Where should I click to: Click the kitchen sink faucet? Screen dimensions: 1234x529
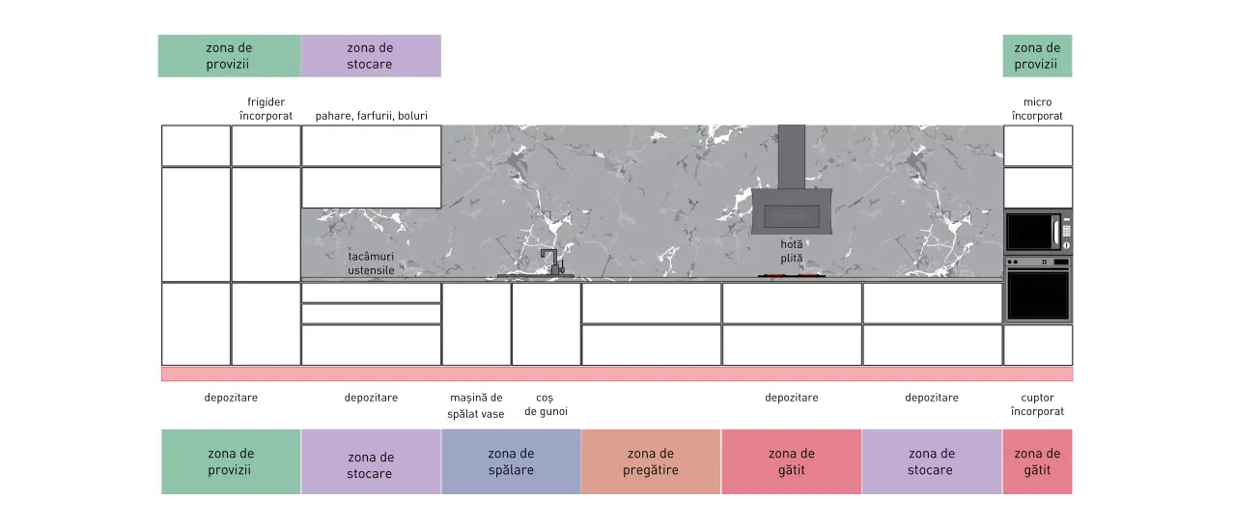click(551, 263)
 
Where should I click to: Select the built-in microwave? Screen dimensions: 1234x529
click(1038, 232)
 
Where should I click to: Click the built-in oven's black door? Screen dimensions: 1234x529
click(1038, 295)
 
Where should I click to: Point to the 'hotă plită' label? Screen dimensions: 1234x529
click(792, 251)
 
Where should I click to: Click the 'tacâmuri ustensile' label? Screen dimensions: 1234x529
click(371, 264)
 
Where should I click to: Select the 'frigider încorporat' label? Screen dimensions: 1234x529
click(266, 109)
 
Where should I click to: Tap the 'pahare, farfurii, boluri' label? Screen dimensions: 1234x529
click(372, 116)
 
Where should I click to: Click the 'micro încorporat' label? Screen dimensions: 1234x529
click(1037, 109)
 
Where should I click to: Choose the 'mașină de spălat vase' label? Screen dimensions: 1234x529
click(476, 405)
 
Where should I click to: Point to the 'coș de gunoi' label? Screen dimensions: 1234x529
click(546, 404)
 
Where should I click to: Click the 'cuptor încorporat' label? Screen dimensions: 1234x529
click(1037, 404)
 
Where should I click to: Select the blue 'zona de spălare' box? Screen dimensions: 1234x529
click(511, 461)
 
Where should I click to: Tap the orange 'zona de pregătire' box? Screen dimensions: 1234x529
click(651, 461)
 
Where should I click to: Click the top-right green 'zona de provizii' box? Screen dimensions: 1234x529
click(1037, 56)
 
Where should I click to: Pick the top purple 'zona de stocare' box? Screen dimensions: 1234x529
click(371, 56)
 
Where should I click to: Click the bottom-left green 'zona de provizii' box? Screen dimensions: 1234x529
click(231, 461)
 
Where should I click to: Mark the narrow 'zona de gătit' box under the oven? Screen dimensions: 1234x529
click(1037, 461)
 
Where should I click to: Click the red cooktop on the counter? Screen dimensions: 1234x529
click(792, 275)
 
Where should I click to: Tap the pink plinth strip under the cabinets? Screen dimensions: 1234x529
click(617, 375)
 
